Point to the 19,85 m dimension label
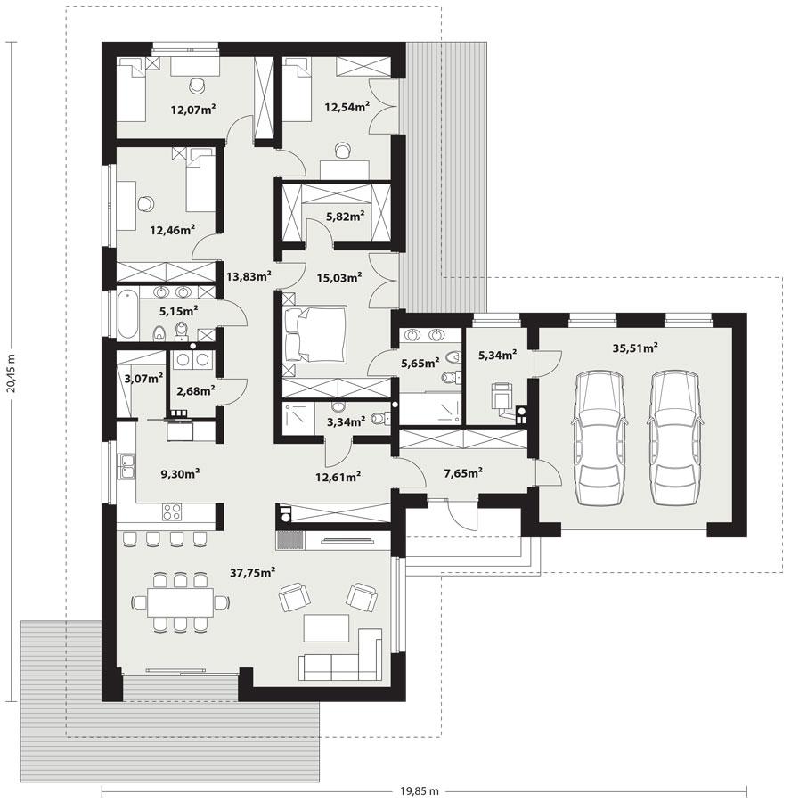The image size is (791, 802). click(419, 790)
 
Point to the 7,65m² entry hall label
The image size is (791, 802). click(461, 472)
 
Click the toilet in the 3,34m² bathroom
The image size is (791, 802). click(377, 419)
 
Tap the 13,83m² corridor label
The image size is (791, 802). click(248, 276)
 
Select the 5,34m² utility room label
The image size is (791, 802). click(497, 356)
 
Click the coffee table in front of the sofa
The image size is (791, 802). click(329, 627)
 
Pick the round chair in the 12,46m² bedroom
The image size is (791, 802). click(144, 202)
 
